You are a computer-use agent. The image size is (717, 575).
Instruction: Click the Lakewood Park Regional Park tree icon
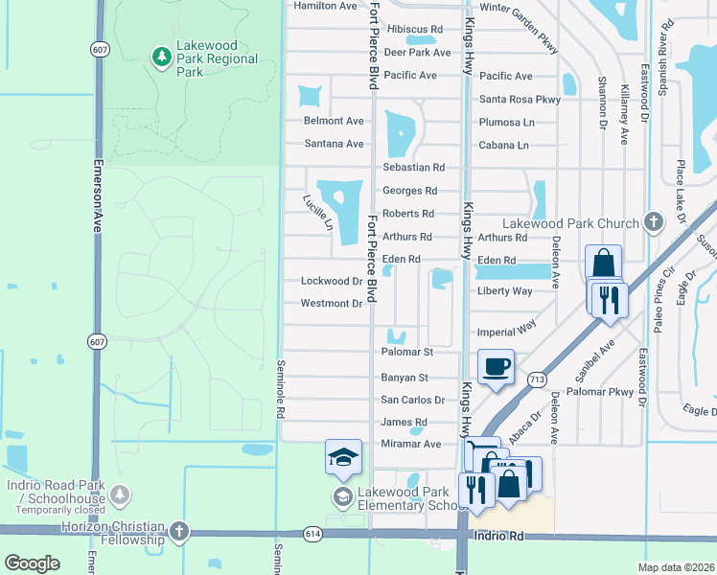coord(162,57)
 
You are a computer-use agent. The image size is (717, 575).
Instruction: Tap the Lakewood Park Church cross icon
coord(654,223)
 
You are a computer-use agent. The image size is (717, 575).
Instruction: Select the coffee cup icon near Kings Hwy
coord(496,367)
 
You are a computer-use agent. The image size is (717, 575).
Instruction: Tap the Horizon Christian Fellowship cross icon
coord(178,533)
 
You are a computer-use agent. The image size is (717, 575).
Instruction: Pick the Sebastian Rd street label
coord(413,168)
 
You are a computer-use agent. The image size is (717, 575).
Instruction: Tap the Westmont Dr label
coord(332,305)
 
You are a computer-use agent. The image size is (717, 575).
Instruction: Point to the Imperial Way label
coord(507,331)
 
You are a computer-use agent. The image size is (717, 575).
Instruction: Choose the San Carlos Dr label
coord(413,401)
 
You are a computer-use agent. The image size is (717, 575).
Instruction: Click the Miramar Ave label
coord(411,445)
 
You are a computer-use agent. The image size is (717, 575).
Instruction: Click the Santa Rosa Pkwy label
coord(520,100)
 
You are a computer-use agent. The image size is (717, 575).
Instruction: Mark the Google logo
coord(32,563)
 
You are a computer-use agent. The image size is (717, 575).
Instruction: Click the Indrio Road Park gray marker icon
coord(121,494)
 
